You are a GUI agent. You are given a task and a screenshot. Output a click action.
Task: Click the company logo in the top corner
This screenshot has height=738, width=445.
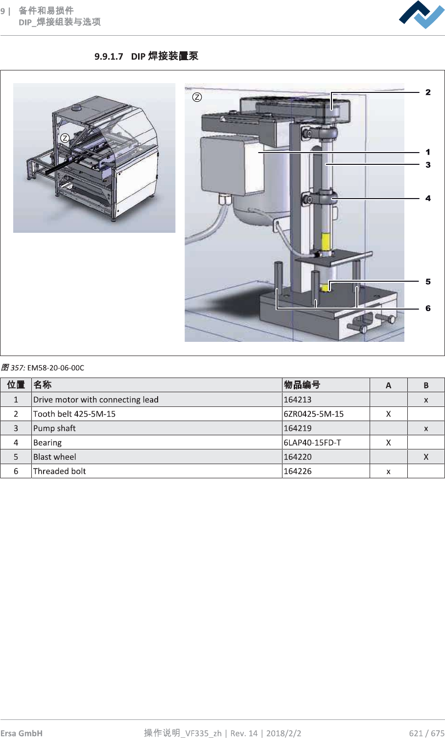tap(422, 15)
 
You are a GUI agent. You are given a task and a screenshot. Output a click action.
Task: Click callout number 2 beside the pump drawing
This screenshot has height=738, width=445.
tap(428, 92)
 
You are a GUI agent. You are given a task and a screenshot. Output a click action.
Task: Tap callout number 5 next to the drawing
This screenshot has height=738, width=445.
tap(428, 282)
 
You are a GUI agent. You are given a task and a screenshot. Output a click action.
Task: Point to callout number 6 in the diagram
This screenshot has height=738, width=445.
tap(428, 309)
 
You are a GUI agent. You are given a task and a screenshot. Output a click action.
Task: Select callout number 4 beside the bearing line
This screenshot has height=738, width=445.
tap(428, 199)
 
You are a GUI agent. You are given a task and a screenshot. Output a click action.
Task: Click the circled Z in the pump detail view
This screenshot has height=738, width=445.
tap(197, 97)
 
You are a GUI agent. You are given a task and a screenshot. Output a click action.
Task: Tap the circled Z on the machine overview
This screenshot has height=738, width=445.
tap(65, 138)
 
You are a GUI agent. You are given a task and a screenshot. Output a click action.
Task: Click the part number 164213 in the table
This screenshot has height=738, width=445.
tap(298, 400)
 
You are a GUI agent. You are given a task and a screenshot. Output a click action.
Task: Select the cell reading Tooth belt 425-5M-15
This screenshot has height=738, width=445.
tap(74, 414)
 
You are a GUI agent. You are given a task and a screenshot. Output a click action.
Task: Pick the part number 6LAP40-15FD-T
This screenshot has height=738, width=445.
tap(312, 443)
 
